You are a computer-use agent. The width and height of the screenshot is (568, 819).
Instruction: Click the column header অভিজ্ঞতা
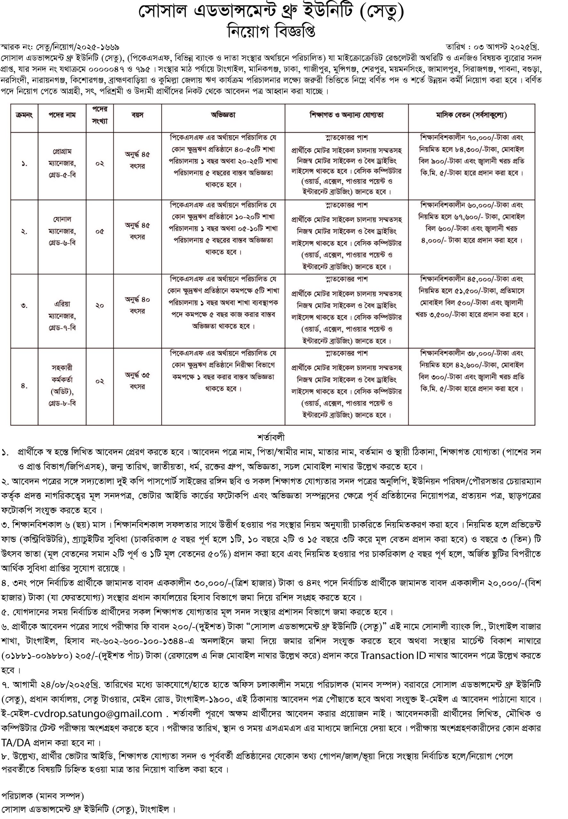pos(223,115)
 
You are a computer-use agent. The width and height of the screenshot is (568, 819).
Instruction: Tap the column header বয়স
pos(137,115)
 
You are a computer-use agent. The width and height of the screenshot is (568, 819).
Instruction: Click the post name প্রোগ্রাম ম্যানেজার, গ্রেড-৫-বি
pos(62,163)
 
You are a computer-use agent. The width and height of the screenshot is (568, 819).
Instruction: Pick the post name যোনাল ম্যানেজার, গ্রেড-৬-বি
pos(62,231)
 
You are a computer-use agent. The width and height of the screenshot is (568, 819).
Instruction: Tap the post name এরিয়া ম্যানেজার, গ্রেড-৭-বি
pos(62,315)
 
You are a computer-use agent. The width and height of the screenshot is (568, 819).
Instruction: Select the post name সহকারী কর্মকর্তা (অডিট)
pos(62,385)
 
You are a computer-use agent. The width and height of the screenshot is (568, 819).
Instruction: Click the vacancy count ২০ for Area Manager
pos(100,306)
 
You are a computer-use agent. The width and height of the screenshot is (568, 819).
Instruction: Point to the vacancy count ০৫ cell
pos(100,232)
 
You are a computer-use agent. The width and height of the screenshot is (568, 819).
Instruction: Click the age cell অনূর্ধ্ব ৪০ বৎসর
pos(137,305)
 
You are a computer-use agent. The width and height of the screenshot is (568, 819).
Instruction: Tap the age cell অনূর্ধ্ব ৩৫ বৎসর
pos(137,381)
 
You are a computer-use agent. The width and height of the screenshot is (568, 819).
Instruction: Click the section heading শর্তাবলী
pos(271,437)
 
